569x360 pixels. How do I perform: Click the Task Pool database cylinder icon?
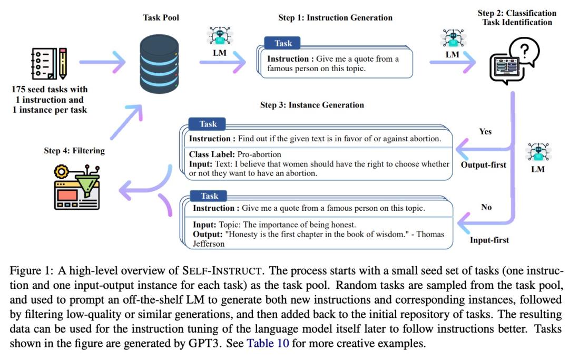159,64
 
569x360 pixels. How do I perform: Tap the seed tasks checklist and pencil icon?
50,63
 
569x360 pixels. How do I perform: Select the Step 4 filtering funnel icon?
76,187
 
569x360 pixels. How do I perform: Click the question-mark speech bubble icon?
515,61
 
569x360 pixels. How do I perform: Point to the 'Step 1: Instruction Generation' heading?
335,17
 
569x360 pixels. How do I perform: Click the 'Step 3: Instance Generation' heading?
312,105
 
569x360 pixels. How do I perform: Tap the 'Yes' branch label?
485,131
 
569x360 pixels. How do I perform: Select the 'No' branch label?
486,207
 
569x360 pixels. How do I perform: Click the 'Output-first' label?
483,165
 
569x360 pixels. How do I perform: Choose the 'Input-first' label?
489,240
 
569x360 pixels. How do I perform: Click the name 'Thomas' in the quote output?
430,234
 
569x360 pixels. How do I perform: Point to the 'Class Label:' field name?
212,154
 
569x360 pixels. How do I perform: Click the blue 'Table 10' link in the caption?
268,343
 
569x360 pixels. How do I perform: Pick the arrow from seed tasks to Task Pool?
102,62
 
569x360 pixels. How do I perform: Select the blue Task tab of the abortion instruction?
207,124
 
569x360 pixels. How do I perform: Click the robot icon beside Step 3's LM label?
538,152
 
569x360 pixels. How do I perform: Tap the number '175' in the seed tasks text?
18,89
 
